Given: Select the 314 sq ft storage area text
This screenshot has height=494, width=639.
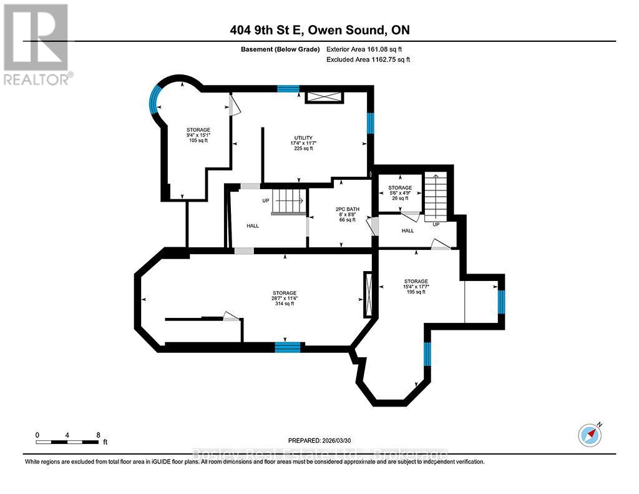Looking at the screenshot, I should coord(284,299).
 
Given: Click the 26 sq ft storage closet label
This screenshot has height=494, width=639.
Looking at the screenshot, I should coord(400,193).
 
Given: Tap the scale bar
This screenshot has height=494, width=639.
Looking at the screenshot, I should coord(67,442).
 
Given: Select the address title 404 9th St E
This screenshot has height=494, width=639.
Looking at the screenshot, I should coord(319,30).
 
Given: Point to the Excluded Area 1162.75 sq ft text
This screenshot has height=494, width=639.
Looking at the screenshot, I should coord(368,59).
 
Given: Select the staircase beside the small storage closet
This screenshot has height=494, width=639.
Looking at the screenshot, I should coord(436,195).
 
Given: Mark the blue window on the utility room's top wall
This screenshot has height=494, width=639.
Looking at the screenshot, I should coord(288,89).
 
